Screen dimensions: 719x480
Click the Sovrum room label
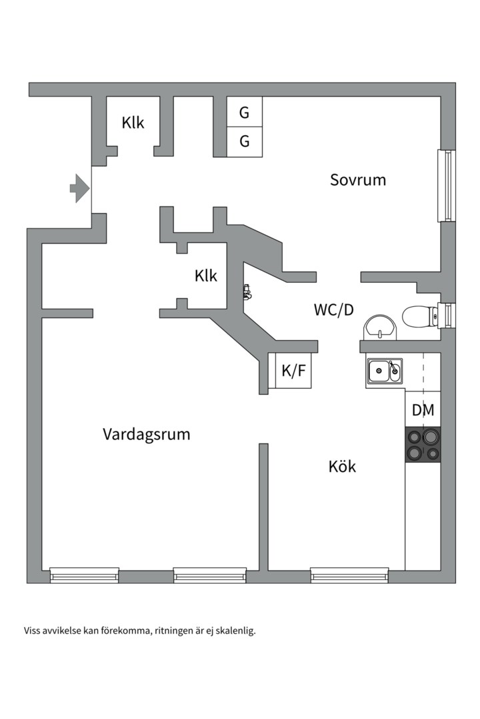pos(358,180)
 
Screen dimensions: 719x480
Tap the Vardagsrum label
pos(147,435)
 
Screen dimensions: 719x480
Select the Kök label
pos(342,467)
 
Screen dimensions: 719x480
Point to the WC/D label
pos(333,310)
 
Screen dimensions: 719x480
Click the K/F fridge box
pos(293,371)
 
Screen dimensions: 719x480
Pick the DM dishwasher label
pos(423,411)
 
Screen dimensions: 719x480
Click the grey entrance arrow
pos(80,188)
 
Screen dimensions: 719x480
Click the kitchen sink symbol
pos(385,371)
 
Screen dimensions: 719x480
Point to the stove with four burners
pos(423,445)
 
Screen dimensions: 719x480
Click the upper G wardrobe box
pos(245,113)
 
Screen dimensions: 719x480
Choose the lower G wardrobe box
pos(245,141)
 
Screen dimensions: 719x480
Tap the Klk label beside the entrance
pos(133,123)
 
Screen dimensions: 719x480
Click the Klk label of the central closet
pos(206,276)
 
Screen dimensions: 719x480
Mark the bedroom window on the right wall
pos(445,186)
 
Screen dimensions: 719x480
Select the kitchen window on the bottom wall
pos(349,575)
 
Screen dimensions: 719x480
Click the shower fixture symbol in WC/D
pos(247,291)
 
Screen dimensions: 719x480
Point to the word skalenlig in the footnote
pos(237,630)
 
